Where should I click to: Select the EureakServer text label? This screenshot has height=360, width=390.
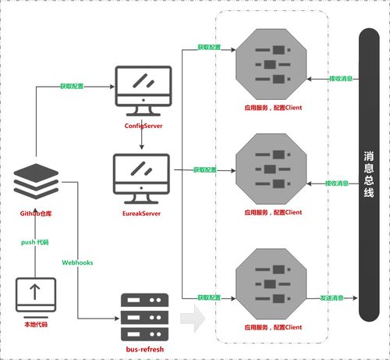pyautogui.click(x=142, y=212)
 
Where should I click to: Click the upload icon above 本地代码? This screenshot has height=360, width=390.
pyautogui.click(x=34, y=294)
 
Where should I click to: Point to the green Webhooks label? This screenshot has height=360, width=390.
pyautogui.click(x=77, y=262)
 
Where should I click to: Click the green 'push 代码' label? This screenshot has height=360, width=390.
pyautogui.click(x=35, y=243)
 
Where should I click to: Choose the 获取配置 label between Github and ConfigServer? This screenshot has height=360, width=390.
pyautogui.click(x=73, y=85)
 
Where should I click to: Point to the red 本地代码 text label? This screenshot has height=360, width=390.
pyautogui.click(x=34, y=323)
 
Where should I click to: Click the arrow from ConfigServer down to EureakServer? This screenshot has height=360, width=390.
pyautogui.click(x=142, y=141)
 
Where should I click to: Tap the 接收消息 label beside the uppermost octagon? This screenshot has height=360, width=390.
pyautogui.click(x=340, y=78)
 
